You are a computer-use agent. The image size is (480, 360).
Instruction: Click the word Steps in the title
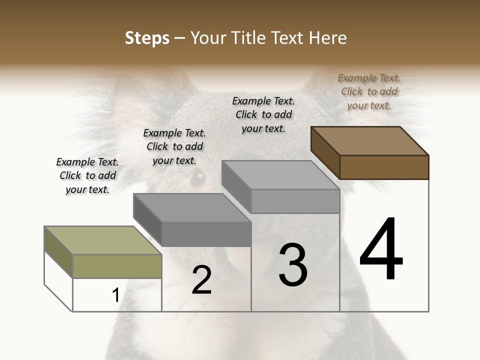coord(147,38)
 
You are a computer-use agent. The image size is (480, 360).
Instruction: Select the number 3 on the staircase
coord(293,265)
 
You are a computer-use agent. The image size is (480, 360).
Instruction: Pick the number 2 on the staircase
coord(202,280)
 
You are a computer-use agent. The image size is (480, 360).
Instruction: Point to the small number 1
coord(115,295)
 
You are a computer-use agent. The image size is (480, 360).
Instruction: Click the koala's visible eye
coord(198,176)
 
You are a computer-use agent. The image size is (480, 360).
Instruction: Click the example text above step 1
coord(87,175)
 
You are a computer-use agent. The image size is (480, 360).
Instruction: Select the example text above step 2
coord(174,146)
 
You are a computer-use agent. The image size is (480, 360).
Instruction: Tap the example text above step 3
coord(263,114)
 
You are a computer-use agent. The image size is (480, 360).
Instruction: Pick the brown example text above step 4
coord(369,91)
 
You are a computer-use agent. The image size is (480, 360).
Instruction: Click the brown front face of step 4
coord(384,167)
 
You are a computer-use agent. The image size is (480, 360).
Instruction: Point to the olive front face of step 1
coord(117,266)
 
